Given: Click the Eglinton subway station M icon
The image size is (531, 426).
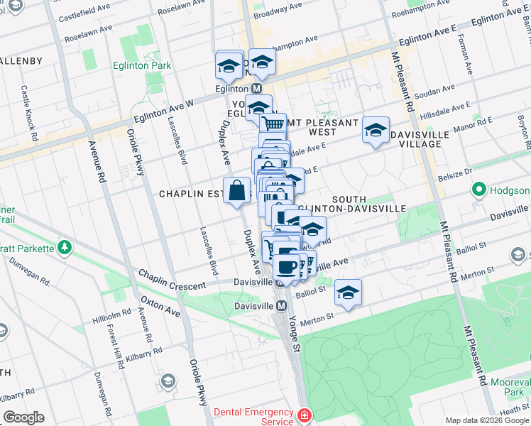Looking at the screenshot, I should (256, 89).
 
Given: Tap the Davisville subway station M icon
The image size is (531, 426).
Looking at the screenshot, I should (282, 306).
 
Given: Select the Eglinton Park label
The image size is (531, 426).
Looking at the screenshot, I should (141, 65).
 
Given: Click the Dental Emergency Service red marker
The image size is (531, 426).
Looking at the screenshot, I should (304, 415).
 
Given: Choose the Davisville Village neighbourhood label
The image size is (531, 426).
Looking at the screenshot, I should (425, 139).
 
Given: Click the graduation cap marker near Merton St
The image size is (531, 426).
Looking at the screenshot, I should (348, 293).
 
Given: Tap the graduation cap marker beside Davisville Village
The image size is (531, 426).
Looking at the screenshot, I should (376, 130).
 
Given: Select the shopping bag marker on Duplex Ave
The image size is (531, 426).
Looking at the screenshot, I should (237, 190).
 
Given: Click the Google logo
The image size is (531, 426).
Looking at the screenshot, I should (23, 417).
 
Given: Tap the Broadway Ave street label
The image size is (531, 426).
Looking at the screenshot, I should (280, 13).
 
